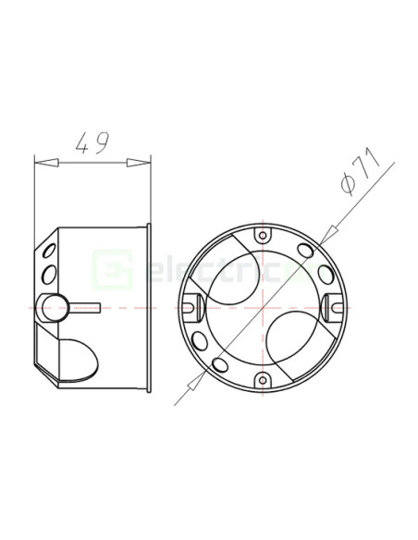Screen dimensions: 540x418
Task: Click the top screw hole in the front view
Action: click(x=264, y=235)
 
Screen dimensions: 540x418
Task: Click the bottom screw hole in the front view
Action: click(x=264, y=377)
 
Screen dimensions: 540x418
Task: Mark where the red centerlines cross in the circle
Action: click(x=264, y=306)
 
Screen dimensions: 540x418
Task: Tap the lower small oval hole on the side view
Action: click(x=49, y=273)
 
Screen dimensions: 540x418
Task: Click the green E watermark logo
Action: click(x=106, y=271)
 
